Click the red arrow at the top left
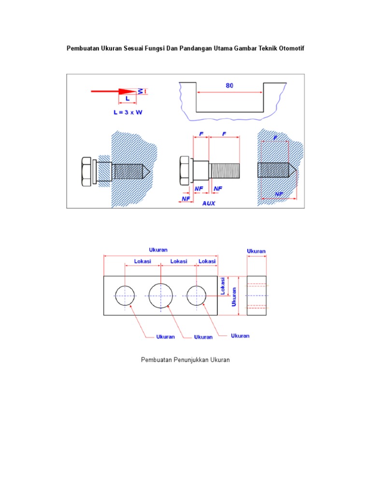pyautogui.click(x=114, y=91)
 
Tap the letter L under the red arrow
pyautogui.click(x=128, y=98)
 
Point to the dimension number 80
pyautogui.click(x=229, y=86)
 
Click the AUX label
pyautogui.click(x=209, y=204)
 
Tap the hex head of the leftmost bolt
pyautogui.click(x=86, y=171)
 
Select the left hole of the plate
pyautogui.click(x=125, y=295)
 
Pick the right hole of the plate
pyautogui.click(x=197, y=295)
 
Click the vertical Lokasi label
pyautogui.click(x=223, y=285)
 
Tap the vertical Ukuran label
pyautogui.click(x=234, y=297)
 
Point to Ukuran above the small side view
pyautogui.click(x=256, y=251)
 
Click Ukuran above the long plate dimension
pyautogui.click(x=158, y=250)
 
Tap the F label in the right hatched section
pyautogui.click(x=275, y=138)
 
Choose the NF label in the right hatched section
pyautogui.click(x=279, y=194)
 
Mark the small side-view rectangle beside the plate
pyautogui.click(x=257, y=295)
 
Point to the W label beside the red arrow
pyautogui.click(x=141, y=91)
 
